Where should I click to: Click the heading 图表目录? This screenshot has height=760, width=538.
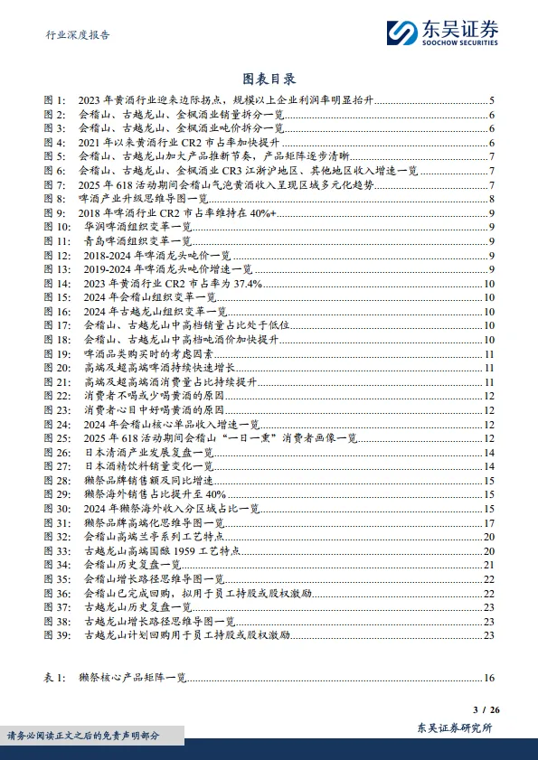pos(269,80)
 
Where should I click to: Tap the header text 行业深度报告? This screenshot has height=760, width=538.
pos(78,35)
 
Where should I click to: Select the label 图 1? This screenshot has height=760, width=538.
pos(55,101)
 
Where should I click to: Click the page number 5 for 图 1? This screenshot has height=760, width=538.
pos(490,101)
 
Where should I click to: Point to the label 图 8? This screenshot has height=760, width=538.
pos(55,199)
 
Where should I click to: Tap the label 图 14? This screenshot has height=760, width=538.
pos(58,282)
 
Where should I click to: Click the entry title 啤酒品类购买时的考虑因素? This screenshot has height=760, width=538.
pos(143,354)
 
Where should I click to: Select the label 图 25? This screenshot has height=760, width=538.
pos(58,437)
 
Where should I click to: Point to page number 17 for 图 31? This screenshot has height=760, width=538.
pos(487,521)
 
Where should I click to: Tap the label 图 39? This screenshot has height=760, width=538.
pos(58,634)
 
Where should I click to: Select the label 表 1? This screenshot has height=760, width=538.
pos(55,677)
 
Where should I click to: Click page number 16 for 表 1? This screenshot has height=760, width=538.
pos(487,677)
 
